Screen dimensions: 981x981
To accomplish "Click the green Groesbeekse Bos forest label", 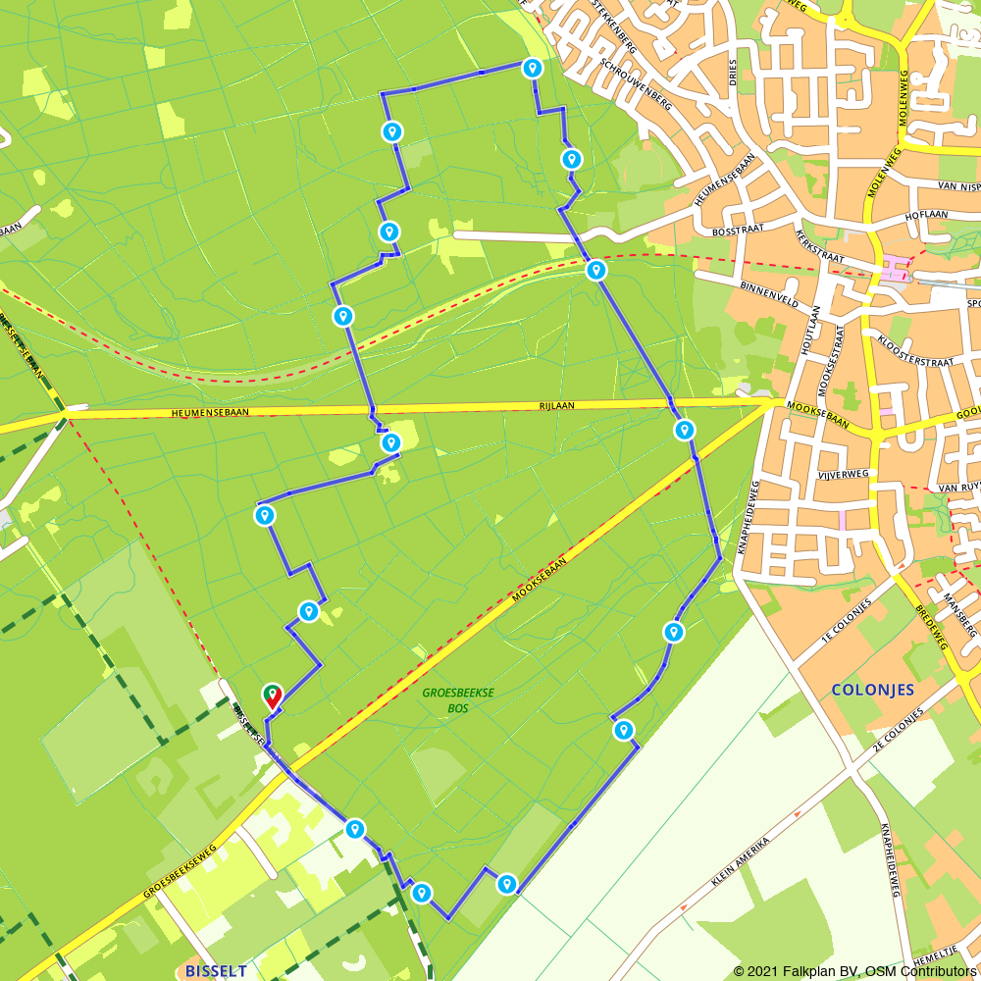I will tap(458, 699).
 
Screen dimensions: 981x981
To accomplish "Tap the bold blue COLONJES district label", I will tap(872, 690).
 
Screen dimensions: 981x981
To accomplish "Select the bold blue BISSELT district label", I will tap(216, 970).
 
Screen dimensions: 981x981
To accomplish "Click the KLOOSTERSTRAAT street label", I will tap(916, 354).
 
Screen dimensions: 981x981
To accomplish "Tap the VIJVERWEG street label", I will tap(844, 473).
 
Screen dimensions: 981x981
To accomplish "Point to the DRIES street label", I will tap(732, 72).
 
